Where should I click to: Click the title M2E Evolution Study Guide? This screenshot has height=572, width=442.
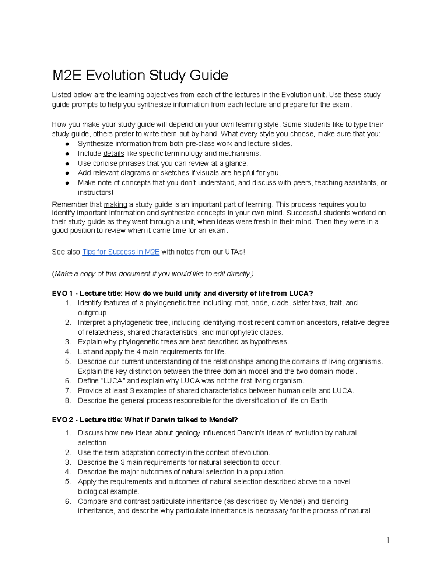(x=140, y=76)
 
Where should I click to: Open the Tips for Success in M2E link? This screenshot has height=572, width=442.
(x=121, y=252)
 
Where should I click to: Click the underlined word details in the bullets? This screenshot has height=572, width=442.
(x=113, y=154)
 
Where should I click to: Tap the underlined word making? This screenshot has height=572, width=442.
(x=116, y=204)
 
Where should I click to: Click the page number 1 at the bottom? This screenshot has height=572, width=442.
(x=387, y=540)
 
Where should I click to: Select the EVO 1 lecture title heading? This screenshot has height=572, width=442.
(x=182, y=294)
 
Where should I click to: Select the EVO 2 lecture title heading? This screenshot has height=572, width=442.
(x=145, y=420)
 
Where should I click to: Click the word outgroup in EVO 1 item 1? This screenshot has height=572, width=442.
(x=93, y=313)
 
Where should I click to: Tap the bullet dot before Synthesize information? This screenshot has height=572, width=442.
(x=67, y=144)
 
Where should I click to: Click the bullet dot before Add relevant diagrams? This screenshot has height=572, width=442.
(x=67, y=173)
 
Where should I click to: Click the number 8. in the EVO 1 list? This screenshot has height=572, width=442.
(x=68, y=400)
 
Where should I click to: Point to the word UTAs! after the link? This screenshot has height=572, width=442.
(x=235, y=252)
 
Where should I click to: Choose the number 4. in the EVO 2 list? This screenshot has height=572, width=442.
(x=68, y=472)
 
